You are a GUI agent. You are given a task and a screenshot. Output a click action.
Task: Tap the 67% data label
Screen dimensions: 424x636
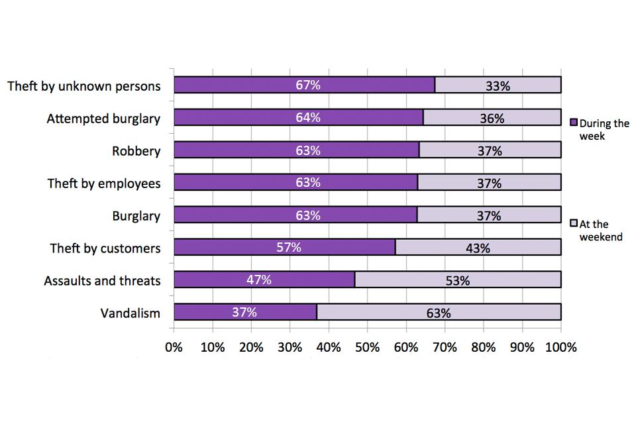(x=308, y=85)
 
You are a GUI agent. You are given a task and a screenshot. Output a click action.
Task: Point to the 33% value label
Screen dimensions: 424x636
(x=497, y=85)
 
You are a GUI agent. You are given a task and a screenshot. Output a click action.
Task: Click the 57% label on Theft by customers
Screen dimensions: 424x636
(x=289, y=248)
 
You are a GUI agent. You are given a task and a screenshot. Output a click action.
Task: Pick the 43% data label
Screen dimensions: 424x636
(x=478, y=248)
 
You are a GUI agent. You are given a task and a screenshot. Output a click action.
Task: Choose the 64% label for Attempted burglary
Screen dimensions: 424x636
(x=308, y=118)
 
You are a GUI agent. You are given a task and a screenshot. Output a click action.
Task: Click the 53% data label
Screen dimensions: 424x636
(x=457, y=280)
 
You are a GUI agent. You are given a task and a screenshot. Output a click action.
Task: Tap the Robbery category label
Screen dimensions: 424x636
(x=136, y=151)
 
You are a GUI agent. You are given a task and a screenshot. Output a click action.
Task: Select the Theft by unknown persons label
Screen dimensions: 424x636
(x=84, y=86)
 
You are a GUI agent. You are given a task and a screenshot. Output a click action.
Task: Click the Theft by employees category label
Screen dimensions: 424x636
(x=104, y=184)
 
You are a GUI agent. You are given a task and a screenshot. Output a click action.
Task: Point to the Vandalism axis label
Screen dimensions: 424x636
(x=131, y=313)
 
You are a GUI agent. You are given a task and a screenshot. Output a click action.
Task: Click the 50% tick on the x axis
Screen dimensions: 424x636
(x=367, y=347)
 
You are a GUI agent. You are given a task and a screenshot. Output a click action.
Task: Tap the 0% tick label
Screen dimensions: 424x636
(x=174, y=347)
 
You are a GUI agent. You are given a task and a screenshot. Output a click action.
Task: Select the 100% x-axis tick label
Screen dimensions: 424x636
(x=561, y=347)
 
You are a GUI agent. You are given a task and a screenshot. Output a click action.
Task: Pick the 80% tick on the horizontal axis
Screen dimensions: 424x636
(x=484, y=347)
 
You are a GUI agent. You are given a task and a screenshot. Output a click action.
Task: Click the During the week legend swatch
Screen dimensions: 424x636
(x=574, y=123)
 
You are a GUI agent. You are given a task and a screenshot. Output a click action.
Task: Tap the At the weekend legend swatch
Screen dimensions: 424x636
(x=574, y=224)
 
